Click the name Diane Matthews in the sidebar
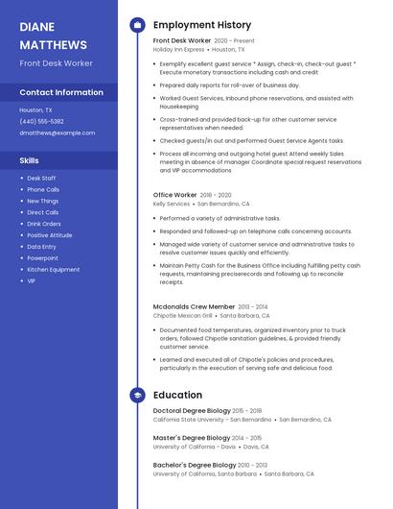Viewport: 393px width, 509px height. click(x=53, y=36)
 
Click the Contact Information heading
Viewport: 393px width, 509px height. click(x=61, y=92)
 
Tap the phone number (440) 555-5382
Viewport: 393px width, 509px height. click(x=41, y=121)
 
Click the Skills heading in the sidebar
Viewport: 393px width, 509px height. click(x=29, y=160)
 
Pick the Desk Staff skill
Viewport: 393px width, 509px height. click(x=41, y=178)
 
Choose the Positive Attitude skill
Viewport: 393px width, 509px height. click(x=49, y=235)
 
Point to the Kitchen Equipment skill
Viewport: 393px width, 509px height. click(x=53, y=270)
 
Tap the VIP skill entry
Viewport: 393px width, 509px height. click(x=31, y=281)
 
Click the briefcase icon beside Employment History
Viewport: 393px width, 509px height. click(x=137, y=25)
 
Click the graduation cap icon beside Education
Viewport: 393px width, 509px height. click(x=137, y=395)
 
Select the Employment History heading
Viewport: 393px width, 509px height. click(x=202, y=25)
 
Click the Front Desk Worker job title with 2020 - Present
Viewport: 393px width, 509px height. click(x=182, y=41)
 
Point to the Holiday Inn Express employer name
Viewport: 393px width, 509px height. click(x=178, y=49)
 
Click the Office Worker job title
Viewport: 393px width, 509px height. click(x=174, y=195)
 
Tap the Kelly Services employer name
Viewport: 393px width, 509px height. click(x=172, y=204)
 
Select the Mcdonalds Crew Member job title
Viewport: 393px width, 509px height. click(x=194, y=306)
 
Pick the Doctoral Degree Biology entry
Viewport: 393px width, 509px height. click(x=191, y=411)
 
